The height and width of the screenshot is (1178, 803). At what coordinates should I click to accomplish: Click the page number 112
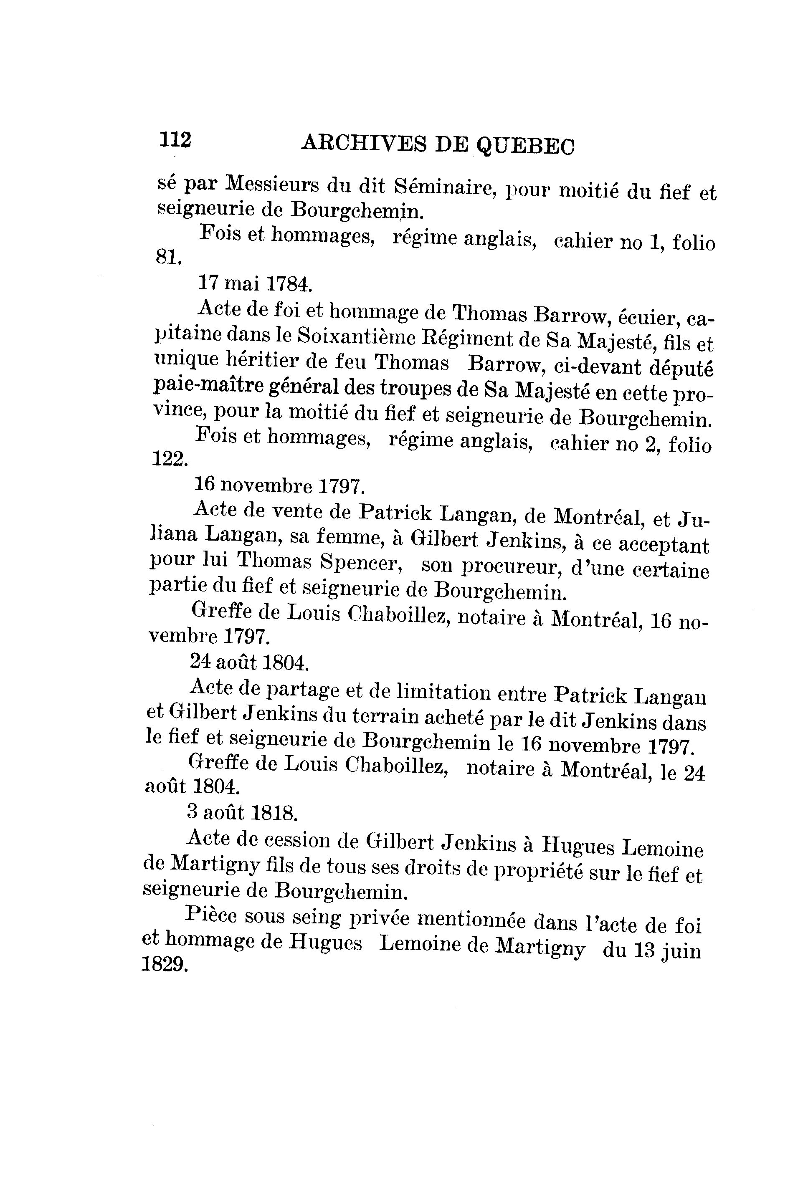coord(175,139)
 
